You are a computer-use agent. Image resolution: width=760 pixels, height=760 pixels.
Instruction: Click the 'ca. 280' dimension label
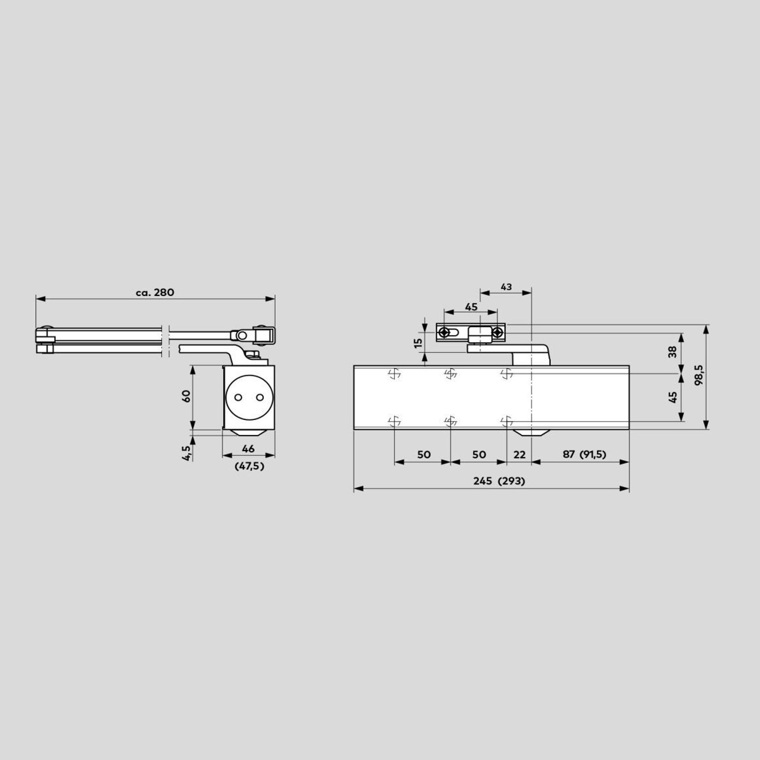tap(155, 292)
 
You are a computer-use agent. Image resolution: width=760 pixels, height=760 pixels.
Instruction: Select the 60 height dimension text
tap(186, 396)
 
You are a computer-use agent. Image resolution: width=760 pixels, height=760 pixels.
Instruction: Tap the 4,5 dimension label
tap(186, 453)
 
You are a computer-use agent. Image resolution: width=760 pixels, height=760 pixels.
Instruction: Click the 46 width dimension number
tap(248, 449)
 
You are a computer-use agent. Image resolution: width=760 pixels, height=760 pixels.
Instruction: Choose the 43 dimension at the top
tap(506, 287)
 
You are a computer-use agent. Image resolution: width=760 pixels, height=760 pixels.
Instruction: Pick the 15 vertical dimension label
tap(419, 342)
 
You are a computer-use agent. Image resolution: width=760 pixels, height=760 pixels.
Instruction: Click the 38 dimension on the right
tap(672, 352)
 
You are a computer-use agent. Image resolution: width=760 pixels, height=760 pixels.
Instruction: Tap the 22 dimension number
tap(519, 454)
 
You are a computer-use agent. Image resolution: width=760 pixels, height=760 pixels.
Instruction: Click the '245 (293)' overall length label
tap(499, 481)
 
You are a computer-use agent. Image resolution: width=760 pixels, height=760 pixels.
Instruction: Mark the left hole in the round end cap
tap(238, 397)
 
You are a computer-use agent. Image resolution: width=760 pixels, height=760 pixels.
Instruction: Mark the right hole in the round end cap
tap(260, 397)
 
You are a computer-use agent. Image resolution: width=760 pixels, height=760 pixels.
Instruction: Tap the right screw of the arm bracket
tap(497, 333)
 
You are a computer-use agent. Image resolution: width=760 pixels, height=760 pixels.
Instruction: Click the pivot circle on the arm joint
tap(243, 336)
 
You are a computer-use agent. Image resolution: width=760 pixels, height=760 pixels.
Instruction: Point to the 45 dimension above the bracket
tap(471, 307)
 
